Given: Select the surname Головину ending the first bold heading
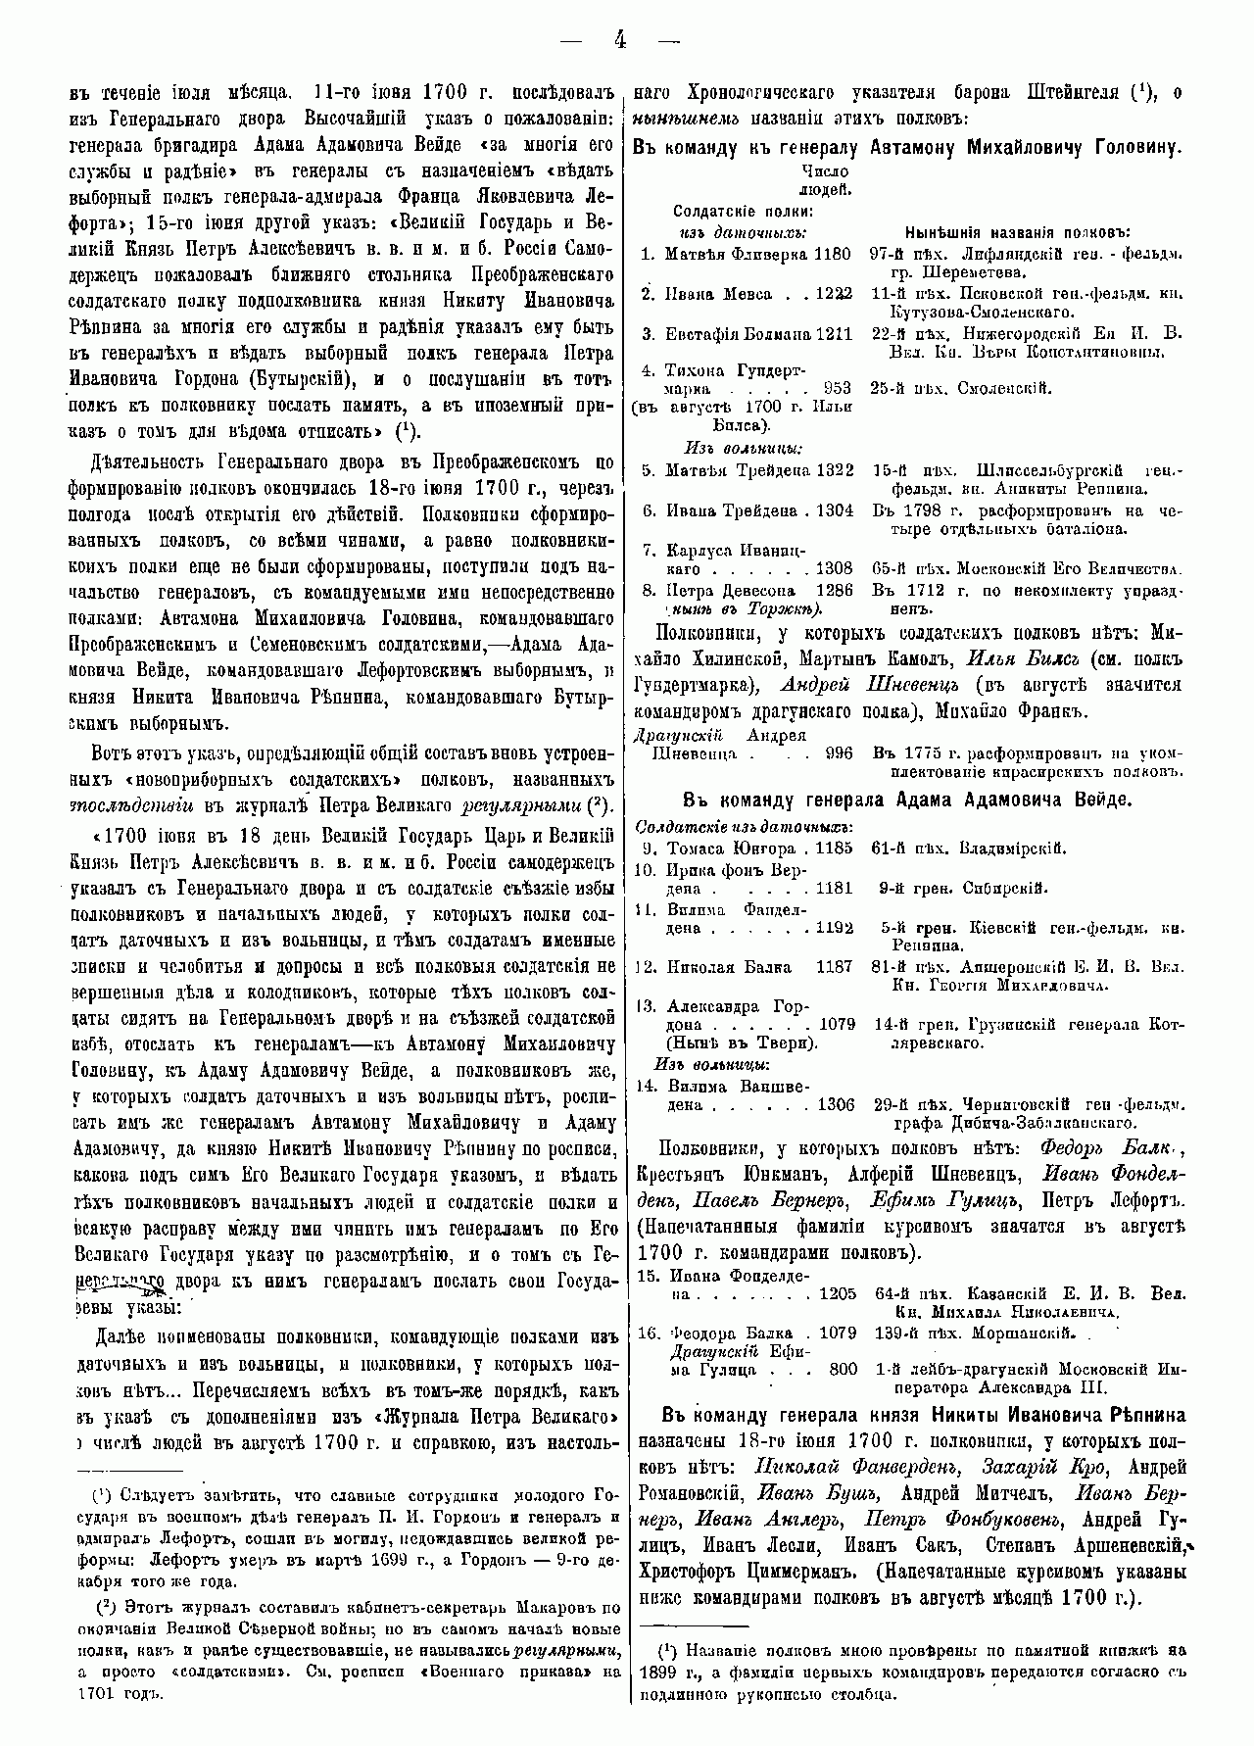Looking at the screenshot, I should coord(1127,147).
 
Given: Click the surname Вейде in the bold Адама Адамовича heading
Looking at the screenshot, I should coord(1104,800).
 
